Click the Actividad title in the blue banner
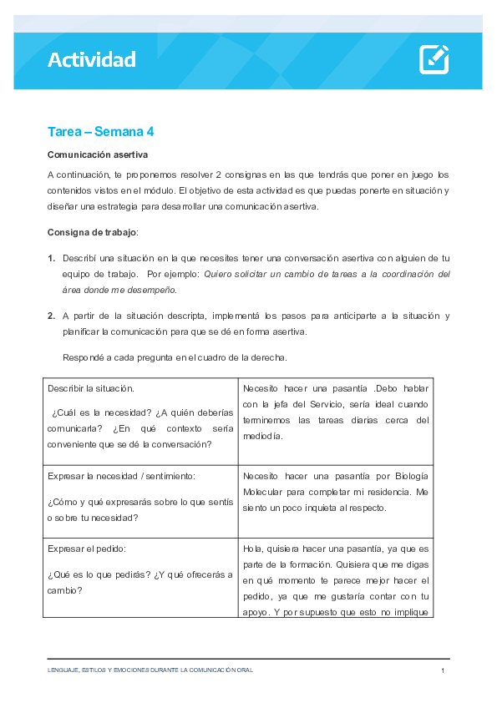pos(91,59)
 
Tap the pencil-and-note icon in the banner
pos(434,59)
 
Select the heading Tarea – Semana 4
pos(100,132)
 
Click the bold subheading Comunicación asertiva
pos(98,155)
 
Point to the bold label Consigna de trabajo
pos(92,231)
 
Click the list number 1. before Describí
pos(52,258)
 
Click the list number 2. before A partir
pos(52,316)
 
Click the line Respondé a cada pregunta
pos(175,357)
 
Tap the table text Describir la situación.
pos(90,388)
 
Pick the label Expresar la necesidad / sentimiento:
pos(121,475)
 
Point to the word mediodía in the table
pos(263,436)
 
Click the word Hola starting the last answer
pos(252,549)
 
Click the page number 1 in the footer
pos(443,670)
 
